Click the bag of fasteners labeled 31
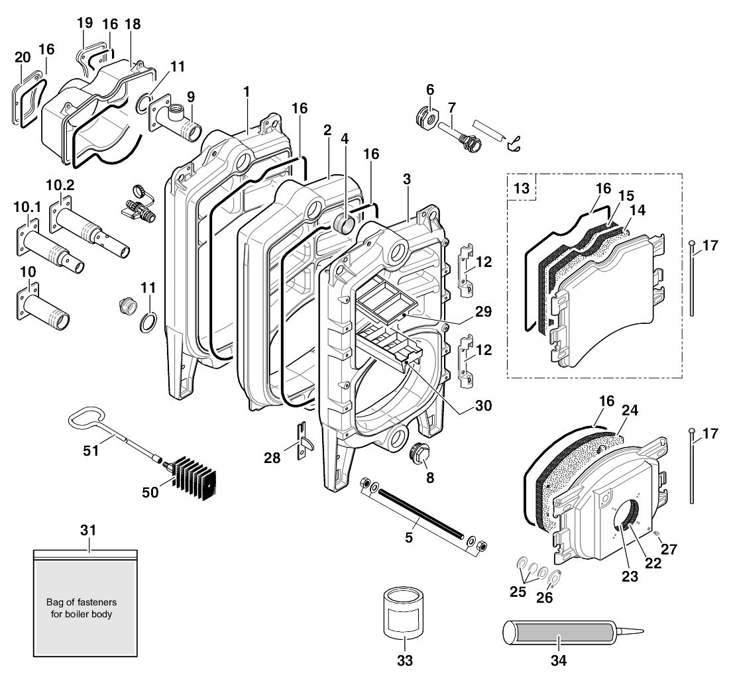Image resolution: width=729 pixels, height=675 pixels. click(85, 603)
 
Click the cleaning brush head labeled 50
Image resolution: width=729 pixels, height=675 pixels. click(196, 478)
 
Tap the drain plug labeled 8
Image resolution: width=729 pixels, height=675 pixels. click(422, 456)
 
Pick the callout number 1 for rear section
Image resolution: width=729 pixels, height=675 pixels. click(247, 91)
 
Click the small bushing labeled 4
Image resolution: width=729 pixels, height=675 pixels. click(344, 223)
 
